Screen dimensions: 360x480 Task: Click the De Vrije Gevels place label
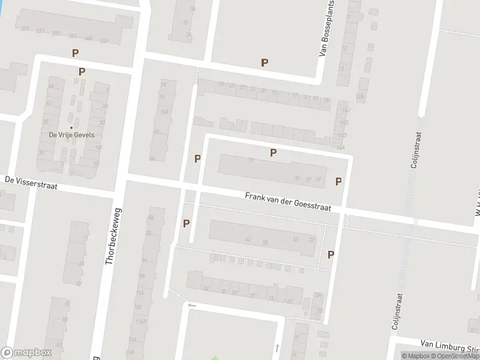[71, 135]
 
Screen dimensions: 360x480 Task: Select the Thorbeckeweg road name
[112, 236]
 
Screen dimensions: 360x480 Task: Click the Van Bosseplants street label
[326, 28]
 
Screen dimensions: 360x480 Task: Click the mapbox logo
[26, 353]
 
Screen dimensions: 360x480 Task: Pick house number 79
[251, 160]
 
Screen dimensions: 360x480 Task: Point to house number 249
[104, 40]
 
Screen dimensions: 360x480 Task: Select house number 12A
[360, 96]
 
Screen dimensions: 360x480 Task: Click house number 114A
[142, 322]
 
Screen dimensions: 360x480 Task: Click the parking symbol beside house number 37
[338, 181]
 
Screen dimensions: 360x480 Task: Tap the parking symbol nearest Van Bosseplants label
[264, 62]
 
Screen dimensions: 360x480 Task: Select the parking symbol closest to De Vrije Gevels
[82, 71]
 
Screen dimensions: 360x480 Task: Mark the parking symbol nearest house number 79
[273, 152]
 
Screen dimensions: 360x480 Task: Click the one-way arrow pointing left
[192, 305]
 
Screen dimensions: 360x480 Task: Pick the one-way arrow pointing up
[277, 347]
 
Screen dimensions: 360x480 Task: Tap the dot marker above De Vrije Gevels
[71, 127]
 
